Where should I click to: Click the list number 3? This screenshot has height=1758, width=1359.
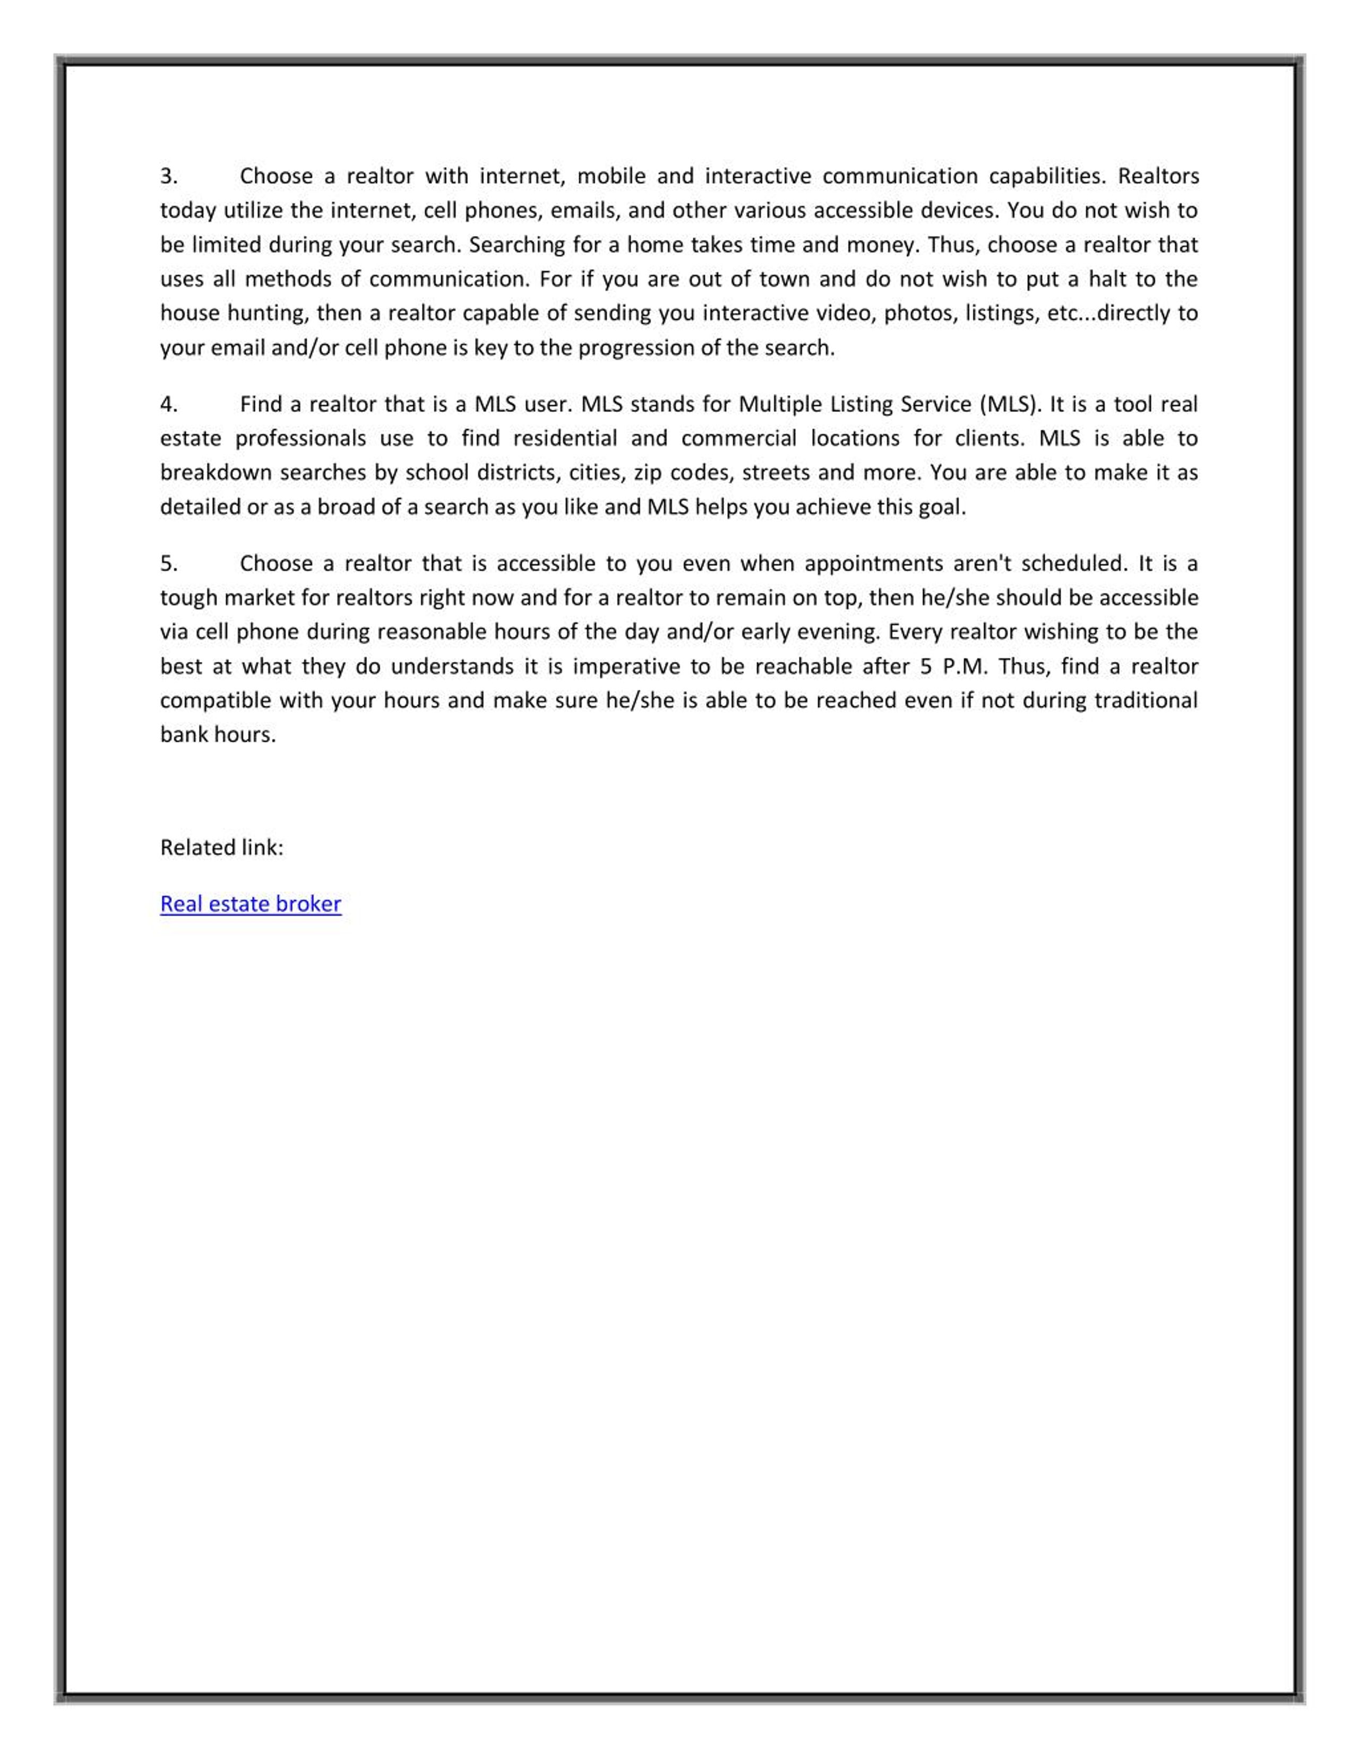[168, 176]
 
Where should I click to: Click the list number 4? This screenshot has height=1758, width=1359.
[168, 404]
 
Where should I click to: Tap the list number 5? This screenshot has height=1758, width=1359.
[168, 564]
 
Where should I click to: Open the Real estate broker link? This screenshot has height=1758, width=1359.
[251, 904]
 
